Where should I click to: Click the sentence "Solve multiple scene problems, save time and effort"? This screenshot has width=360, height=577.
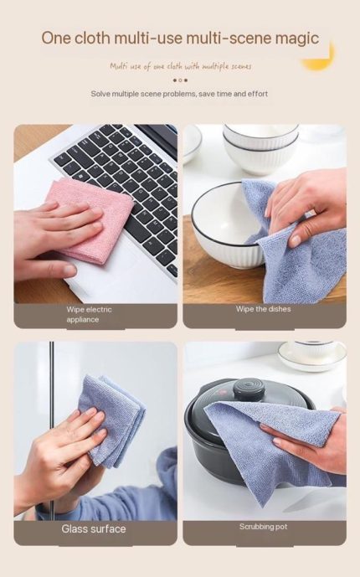[x=179, y=94]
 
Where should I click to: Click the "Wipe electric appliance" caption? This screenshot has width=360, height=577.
[x=89, y=314]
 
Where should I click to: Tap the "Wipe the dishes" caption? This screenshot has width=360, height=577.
[x=263, y=309]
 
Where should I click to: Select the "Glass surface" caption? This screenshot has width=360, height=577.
[x=94, y=528]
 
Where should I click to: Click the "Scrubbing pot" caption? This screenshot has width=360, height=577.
[x=263, y=527]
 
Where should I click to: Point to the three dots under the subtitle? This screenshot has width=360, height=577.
[x=180, y=80]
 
